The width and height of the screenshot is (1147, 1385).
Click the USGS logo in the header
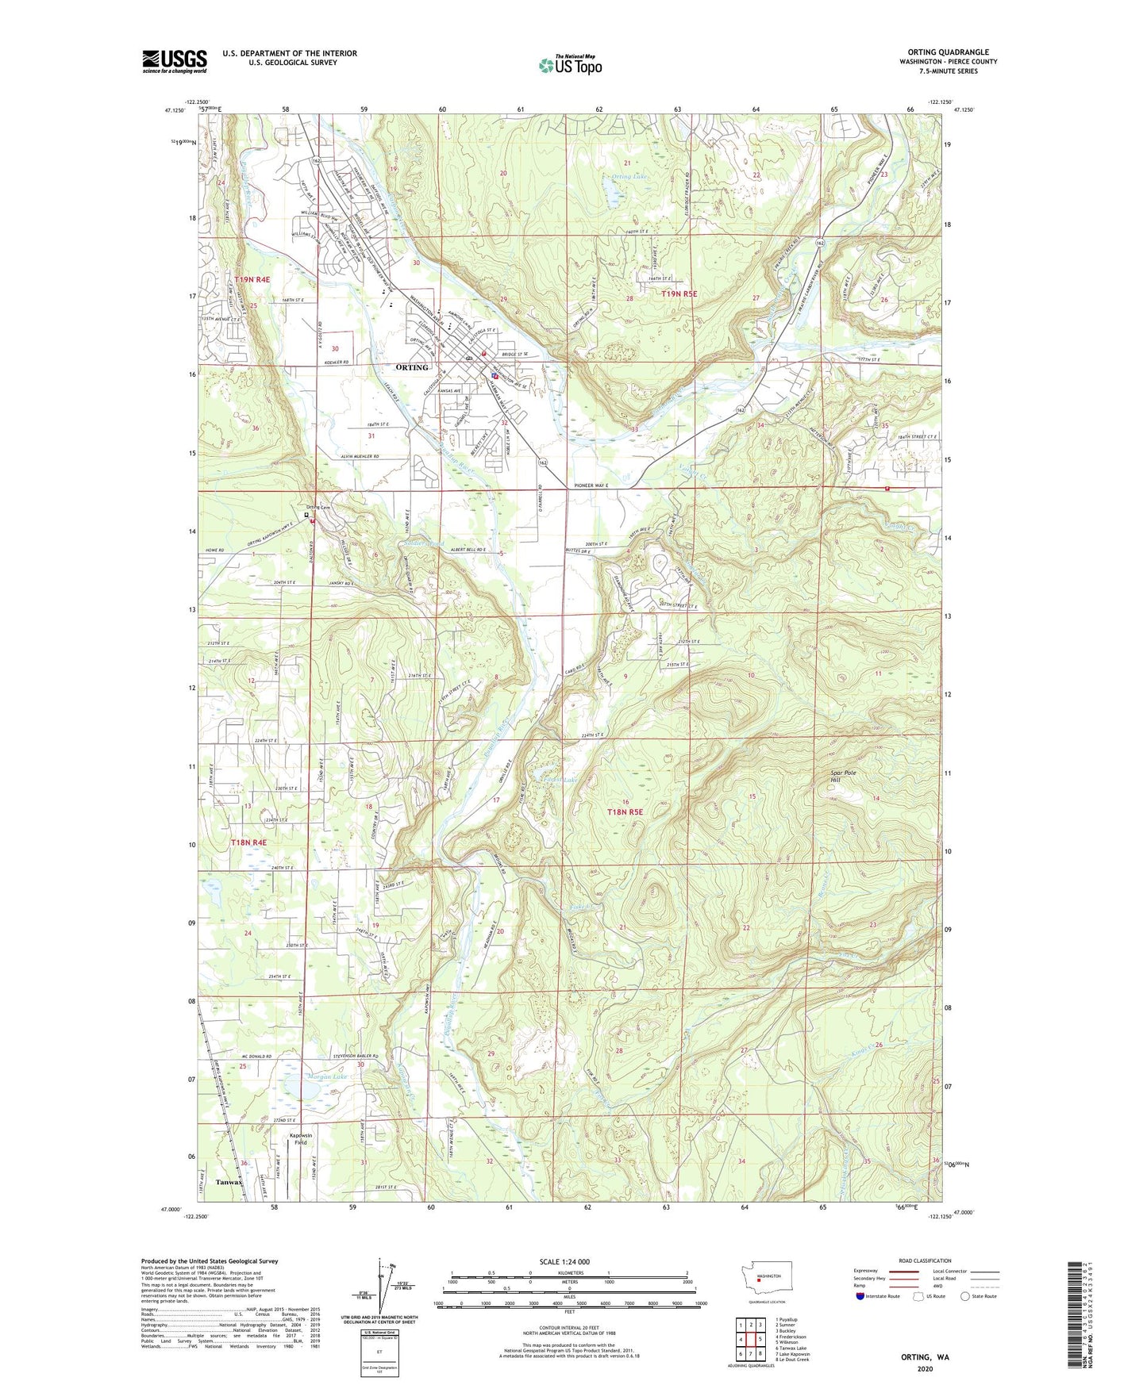point(175,61)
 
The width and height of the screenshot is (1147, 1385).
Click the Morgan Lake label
point(326,1077)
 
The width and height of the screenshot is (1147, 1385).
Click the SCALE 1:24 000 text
point(564,1261)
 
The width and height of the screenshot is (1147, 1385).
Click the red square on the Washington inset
point(758,1278)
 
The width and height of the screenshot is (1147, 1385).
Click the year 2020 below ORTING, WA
point(925,1368)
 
